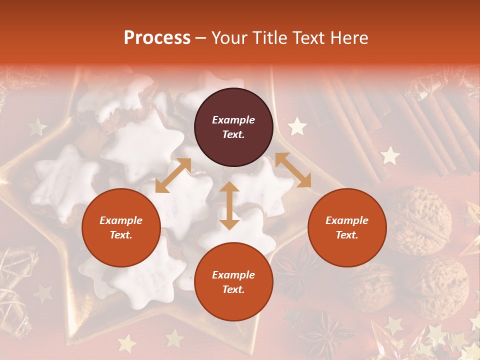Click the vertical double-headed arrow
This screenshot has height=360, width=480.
229,205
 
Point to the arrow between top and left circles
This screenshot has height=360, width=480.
173,175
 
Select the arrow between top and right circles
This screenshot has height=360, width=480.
293,170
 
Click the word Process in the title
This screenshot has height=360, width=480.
157,38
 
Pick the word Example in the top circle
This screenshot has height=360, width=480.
233,120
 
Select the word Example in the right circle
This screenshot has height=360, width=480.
347,220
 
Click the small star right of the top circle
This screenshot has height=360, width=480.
297,126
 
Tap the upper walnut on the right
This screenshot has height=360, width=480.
419,220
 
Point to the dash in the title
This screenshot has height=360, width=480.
201,38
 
